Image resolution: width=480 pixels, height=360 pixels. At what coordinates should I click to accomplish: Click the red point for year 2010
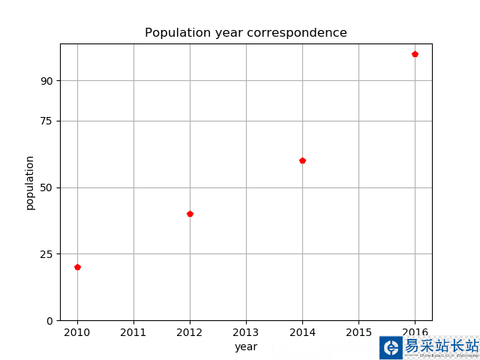pyautogui.click(x=77, y=267)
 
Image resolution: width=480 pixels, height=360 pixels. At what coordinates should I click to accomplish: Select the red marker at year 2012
pyautogui.click(x=190, y=214)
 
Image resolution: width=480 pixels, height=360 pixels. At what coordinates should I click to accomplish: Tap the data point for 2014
pyautogui.click(x=302, y=160)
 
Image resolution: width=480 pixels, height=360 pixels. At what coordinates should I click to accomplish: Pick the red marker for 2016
pyautogui.click(x=415, y=54)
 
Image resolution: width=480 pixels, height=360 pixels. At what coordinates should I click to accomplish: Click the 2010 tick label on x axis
pyautogui.click(x=77, y=331)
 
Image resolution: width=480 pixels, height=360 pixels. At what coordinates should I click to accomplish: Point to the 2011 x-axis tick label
pyautogui.click(x=133, y=331)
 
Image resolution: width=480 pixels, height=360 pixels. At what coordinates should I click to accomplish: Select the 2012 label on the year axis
pyautogui.click(x=190, y=331)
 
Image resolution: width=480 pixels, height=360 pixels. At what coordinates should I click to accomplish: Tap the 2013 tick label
pyautogui.click(x=246, y=331)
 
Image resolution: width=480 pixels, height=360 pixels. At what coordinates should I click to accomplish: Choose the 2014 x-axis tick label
pyautogui.click(x=302, y=331)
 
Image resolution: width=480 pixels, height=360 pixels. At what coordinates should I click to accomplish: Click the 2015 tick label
pyautogui.click(x=358, y=331)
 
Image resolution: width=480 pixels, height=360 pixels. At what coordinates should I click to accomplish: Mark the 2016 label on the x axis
pyautogui.click(x=415, y=331)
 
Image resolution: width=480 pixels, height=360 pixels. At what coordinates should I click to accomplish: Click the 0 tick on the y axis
pyautogui.click(x=49, y=320)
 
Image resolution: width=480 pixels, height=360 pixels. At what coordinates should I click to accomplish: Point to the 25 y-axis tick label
pyautogui.click(x=46, y=254)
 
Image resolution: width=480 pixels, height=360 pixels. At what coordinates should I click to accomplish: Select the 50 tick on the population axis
pyautogui.click(x=46, y=187)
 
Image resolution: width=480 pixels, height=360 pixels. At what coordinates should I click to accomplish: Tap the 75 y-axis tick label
pyautogui.click(x=46, y=121)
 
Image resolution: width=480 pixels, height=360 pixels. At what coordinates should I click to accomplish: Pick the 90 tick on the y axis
pyautogui.click(x=46, y=81)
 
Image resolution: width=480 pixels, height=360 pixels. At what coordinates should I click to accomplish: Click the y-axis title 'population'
pyautogui.click(x=30, y=182)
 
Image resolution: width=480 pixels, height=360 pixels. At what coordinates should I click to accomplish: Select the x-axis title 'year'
pyautogui.click(x=246, y=346)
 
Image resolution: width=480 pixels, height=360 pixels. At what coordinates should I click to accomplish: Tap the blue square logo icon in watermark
pyautogui.click(x=391, y=347)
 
